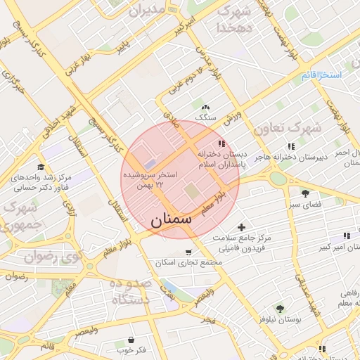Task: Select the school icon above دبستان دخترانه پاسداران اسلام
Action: (222, 144)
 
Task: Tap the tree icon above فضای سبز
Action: (305, 193)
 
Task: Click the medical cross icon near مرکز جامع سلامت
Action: (242, 227)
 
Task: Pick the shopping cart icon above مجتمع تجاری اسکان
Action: (188, 252)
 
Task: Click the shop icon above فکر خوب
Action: (131, 340)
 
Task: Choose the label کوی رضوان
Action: (51, 257)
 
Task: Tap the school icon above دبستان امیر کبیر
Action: (345, 236)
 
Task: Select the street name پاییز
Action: (123, 46)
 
